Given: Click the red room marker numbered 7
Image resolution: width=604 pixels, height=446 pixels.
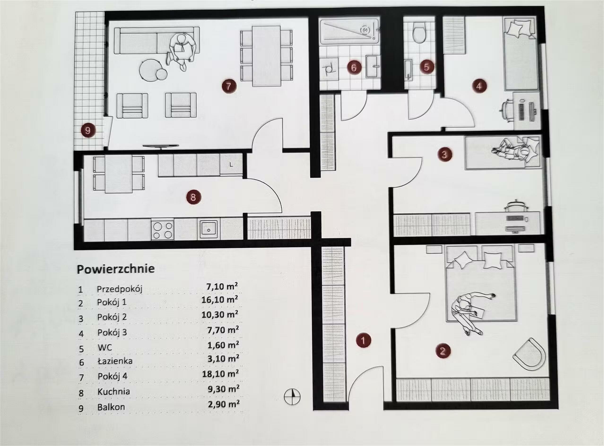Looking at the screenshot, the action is click(x=229, y=87).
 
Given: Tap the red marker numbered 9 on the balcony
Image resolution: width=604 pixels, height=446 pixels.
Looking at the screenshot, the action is click(x=88, y=131).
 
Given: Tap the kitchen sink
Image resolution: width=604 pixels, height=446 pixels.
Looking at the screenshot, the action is click(x=209, y=230).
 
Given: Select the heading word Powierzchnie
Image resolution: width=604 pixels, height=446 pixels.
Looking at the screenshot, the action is click(x=116, y=269).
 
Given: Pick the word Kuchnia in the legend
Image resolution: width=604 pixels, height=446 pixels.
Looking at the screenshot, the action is click(x=114, y=391).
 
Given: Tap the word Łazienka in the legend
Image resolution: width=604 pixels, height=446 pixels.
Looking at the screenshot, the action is click(x=115, y=361).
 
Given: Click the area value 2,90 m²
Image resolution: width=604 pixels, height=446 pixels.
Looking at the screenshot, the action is click(x=224, y=404).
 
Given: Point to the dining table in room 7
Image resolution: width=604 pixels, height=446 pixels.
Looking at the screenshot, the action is click(x=266, y=56).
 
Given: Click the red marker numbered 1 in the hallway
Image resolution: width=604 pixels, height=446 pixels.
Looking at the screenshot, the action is click(x=363, y=340).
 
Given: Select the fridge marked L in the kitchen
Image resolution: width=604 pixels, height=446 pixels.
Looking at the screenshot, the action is click(x=231, y=165).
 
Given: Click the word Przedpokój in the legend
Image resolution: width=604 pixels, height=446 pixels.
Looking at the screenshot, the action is click(x=120, y=289).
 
